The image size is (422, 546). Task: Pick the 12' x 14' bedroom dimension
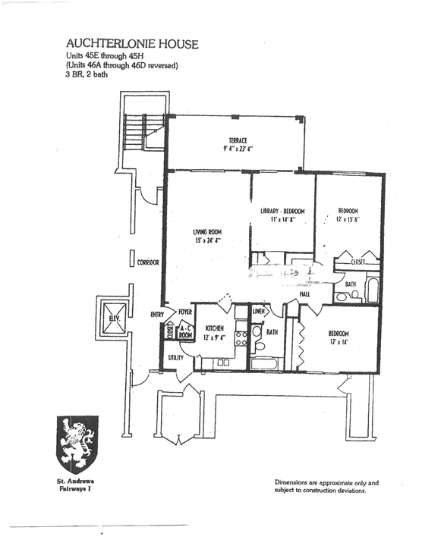point(338,342)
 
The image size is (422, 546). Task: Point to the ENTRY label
point(157,314)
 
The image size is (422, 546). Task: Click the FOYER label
point(184,312)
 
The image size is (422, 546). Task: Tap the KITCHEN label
point(213,328)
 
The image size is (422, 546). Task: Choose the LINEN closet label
point(259,312)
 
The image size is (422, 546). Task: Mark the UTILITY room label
point(177,356)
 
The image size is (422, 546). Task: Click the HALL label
point(304,293)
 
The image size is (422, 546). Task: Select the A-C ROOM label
point(184,331)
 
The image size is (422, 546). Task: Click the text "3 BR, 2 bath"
point(88,75)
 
